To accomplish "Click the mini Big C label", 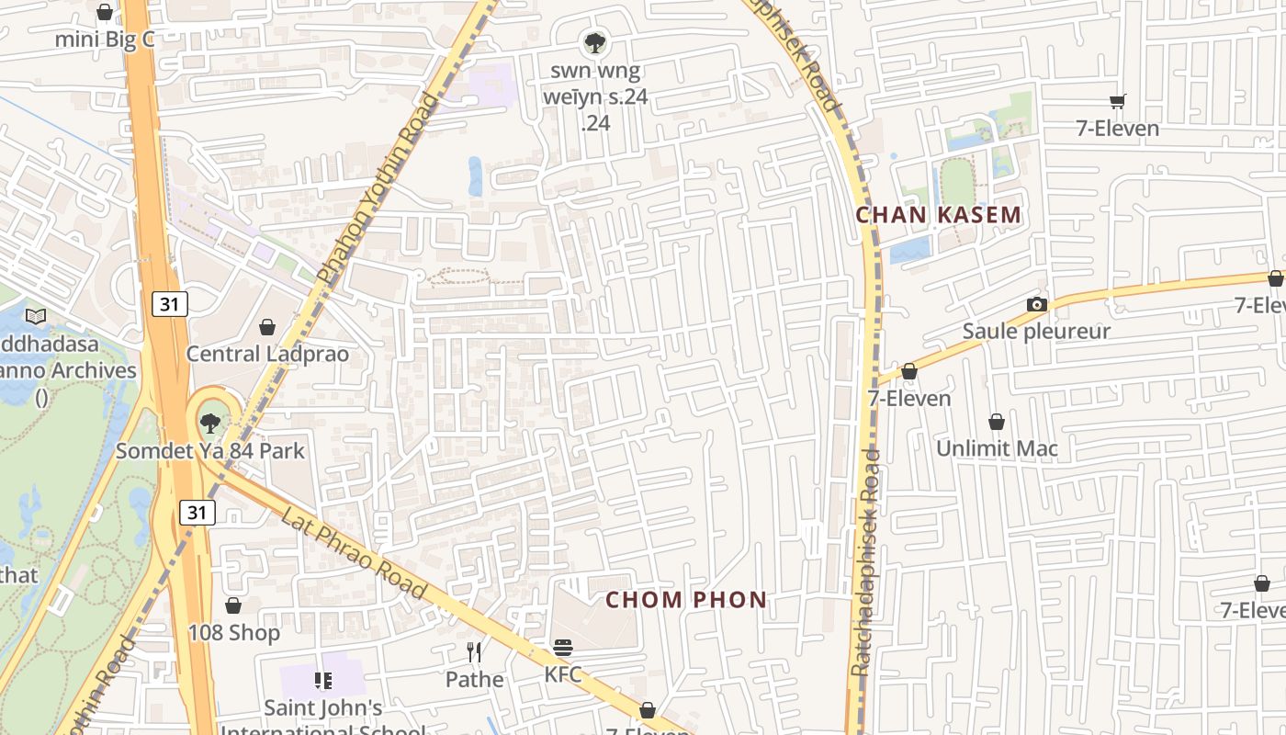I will pos(104,40).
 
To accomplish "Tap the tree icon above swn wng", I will pos(595,41).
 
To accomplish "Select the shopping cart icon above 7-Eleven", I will pos(1117,101).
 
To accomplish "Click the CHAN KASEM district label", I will pos(938,215).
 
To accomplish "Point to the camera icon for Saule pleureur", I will pos(1036,304).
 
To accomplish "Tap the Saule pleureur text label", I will pos(1036,331).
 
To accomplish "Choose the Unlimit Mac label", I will pos(997,448).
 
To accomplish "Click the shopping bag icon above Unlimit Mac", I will pos(997,422).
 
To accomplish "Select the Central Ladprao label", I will pos(267,354).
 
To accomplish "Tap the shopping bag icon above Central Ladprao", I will pos(267,327).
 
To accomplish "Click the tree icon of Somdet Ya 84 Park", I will pos(210,424).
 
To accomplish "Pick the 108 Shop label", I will pos(233,632).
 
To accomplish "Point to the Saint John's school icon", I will pos(322,681).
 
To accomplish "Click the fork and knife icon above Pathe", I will pos(474,652).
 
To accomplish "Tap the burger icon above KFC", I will pos(563,648).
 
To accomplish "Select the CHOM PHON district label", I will pos(686,600).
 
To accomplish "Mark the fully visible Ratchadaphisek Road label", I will pos(865,562).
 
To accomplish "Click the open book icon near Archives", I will pos(36,317).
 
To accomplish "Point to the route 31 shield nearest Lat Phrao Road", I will pos(197,512).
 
